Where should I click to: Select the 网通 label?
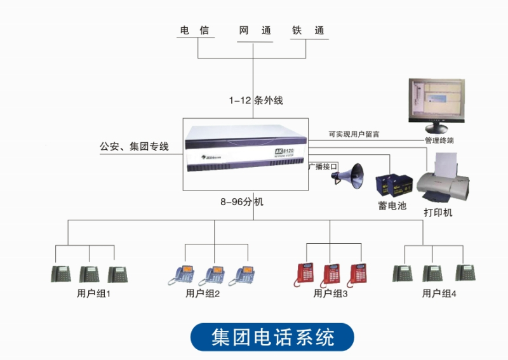255,30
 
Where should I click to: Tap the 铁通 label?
308,30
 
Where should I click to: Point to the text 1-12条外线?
256,100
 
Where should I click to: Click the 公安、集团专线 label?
134,147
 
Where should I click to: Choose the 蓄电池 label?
392,206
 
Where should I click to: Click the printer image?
447,180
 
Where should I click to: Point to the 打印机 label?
438,213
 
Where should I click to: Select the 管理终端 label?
439,140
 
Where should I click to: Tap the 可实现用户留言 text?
354,134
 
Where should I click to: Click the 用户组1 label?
93,293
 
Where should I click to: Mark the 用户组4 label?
439,293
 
